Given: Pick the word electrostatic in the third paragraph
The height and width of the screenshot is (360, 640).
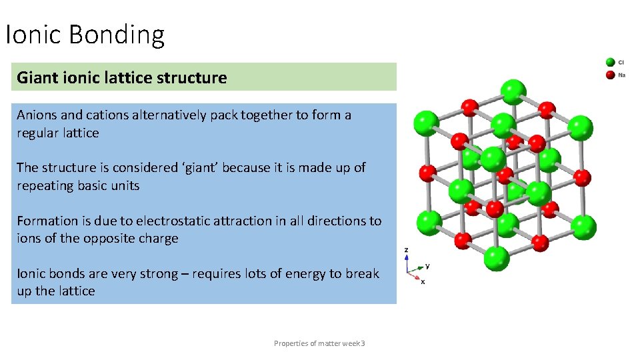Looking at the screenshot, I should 151,221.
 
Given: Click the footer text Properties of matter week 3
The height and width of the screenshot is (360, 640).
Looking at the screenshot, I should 319,343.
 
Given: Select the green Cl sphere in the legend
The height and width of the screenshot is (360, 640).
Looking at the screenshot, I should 610,63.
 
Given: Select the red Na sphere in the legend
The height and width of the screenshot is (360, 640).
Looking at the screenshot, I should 610,75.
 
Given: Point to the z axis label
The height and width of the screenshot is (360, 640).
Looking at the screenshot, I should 407,250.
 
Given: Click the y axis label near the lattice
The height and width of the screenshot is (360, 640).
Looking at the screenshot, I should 427,265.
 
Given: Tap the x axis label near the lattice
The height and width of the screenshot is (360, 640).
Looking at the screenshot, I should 423,281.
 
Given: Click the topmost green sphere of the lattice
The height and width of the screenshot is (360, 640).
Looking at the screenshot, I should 513,91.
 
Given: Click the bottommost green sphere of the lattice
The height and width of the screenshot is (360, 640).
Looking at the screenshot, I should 496,257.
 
